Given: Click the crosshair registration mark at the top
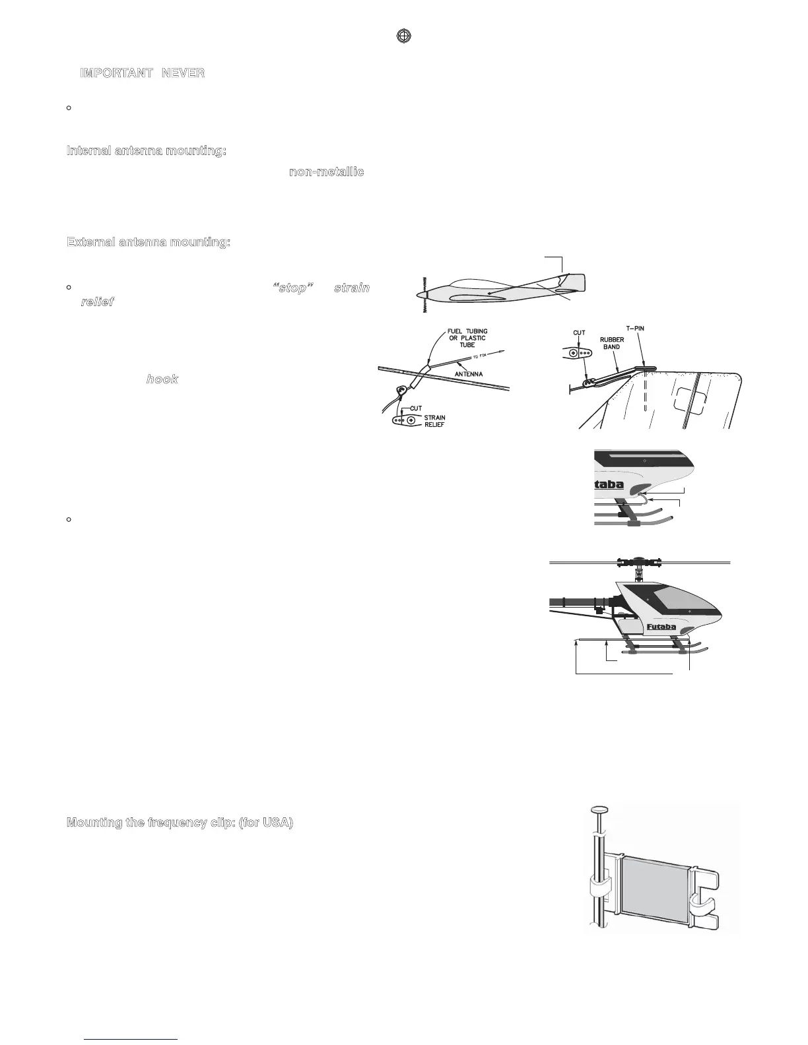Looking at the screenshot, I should [x=404, y=36].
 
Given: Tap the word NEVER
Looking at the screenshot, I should [x=183, y=73].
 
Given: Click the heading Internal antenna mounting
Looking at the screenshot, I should [x=147, y=151].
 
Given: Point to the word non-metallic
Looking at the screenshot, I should [x=327, y=172].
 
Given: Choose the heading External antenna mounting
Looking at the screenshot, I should [x=149, y=242].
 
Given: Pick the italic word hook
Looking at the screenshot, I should [x=162, y=380].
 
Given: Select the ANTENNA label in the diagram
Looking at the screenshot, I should [x=468, y=374].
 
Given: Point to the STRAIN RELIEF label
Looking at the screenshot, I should [x=434, y=421].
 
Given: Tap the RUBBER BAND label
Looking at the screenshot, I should [x=612, y=343].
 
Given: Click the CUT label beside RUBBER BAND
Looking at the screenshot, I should [x=579, y=333].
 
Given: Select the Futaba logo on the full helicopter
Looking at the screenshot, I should [x=662, y=627].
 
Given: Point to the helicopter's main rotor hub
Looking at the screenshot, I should [x=639, y=563].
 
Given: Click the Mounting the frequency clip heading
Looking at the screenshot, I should [x=180, y=823].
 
